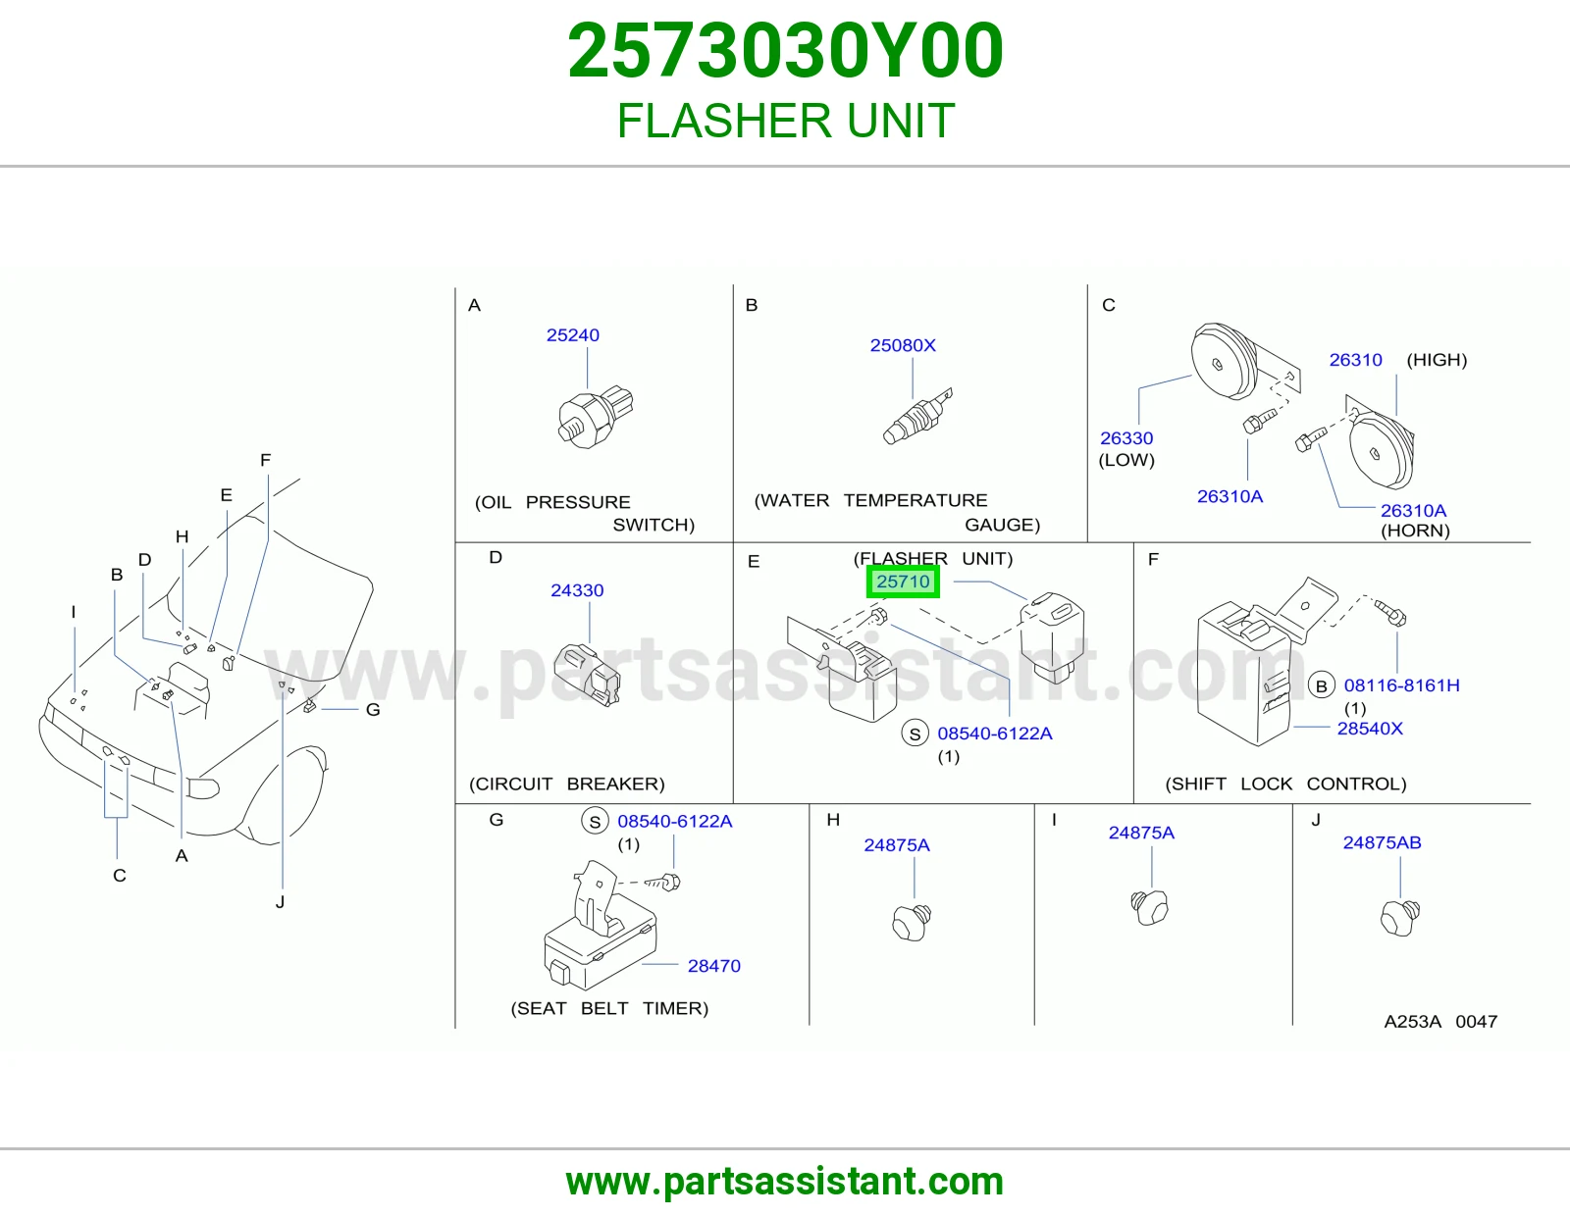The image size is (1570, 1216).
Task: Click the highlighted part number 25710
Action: coord(903,582)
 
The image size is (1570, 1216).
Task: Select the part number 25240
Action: coord(573,335)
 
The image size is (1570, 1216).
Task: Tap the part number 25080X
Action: coord(903,345)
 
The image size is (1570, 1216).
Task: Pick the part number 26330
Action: coord(1126,438)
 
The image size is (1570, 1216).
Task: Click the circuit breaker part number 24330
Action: coord(577,590)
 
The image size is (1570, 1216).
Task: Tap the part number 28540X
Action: coord(1370,729)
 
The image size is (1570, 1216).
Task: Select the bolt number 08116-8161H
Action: coord(1401,685)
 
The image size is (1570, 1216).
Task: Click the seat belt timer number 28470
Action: coord(713,966)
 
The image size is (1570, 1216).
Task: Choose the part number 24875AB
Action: coord(1383,842)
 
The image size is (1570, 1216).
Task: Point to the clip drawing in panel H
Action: coord(912,922)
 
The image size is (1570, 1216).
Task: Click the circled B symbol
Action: coord(1322,686)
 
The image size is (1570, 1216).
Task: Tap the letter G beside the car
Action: coord(373,710)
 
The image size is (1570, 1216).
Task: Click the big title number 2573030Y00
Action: coord(785,51)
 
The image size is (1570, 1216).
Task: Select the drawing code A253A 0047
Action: coord(1440,1022)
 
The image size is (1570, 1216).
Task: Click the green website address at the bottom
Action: coord(785,1182)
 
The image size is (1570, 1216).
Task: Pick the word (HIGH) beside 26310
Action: coord(1438,360)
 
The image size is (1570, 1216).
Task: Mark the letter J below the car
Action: coord(281,902)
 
